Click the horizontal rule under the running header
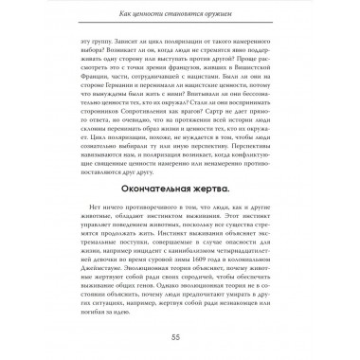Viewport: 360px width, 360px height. [x=180, y=25]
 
